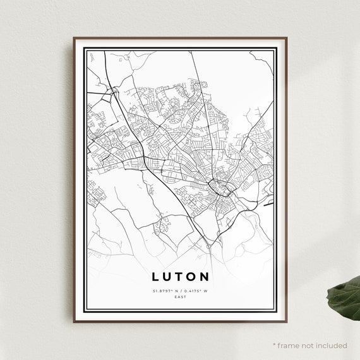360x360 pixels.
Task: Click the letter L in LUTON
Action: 155,277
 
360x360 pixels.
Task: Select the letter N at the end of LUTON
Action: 206,277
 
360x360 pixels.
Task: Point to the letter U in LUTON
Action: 167,277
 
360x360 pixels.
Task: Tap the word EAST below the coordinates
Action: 181,296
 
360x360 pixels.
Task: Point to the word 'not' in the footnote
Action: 308,345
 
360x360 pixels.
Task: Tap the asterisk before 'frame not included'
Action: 274,345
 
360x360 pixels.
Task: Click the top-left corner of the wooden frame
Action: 73,37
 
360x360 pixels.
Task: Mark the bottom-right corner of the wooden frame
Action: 287,322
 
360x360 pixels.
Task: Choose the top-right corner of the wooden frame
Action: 287,37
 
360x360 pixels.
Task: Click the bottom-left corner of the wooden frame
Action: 73,322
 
